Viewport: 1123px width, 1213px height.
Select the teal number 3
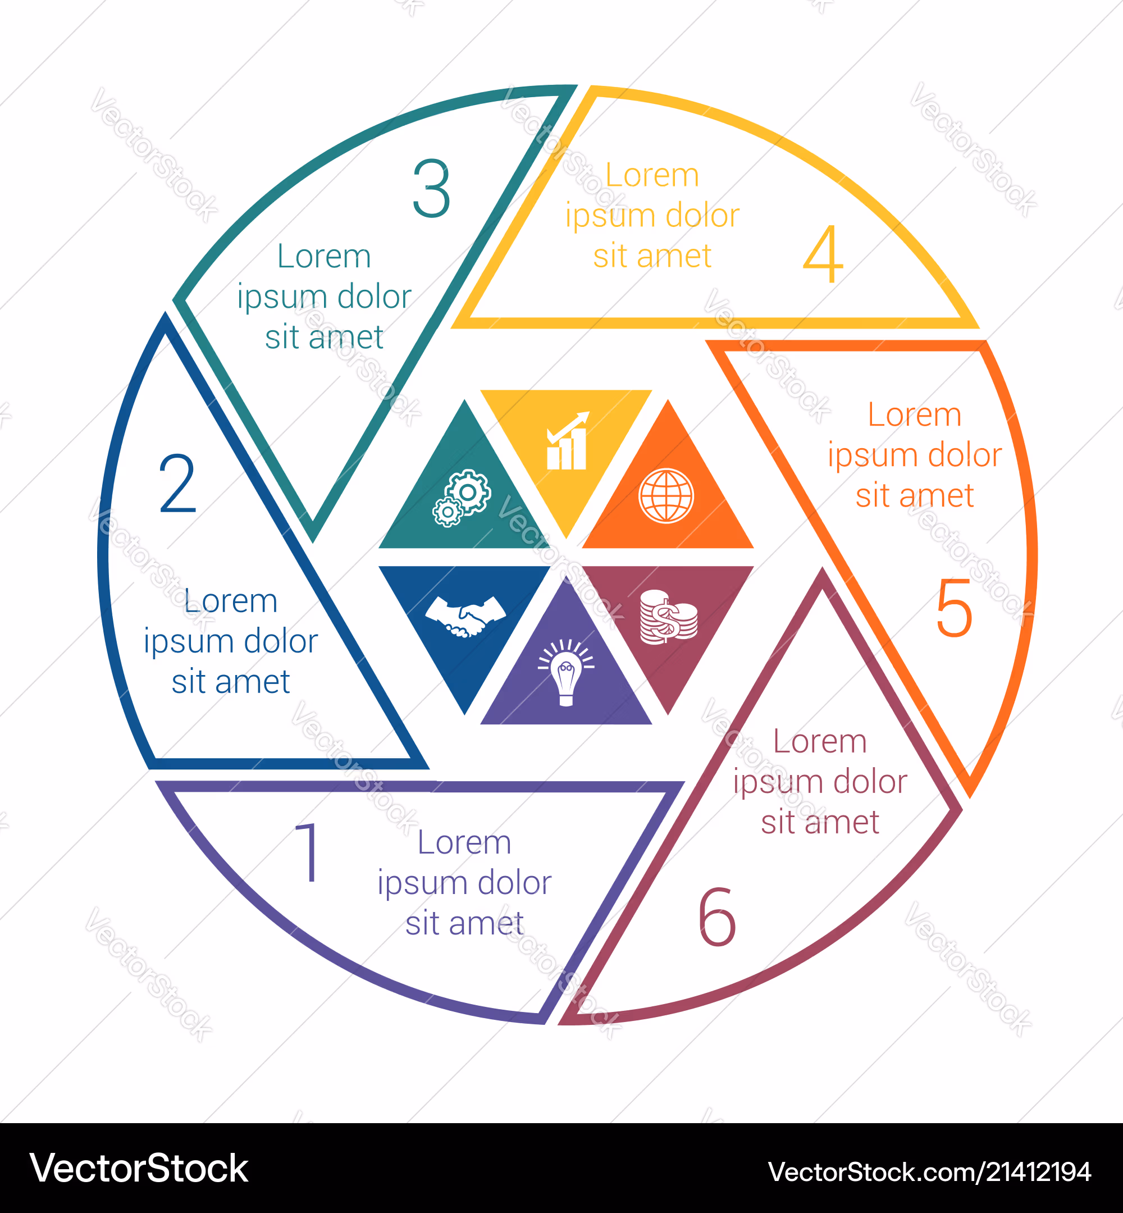click(x=431, y=188)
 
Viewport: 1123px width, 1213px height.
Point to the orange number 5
click(x=955, y=608)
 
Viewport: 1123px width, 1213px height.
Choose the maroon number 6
click(x=717, y=916)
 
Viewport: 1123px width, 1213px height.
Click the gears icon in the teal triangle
click(x=462, y=498)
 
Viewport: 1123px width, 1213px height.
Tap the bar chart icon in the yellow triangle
click(x=567, y=441)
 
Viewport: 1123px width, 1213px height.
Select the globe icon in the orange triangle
click(x=666, y=496)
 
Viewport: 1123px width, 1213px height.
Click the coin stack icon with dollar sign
click(x=668, y=616)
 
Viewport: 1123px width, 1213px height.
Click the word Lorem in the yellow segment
click(x=652, y=176)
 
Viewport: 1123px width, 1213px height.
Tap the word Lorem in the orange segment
click(x=915, y=415)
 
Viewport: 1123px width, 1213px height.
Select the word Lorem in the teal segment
click(x=324, y=257)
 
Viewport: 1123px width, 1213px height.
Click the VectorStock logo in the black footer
click(x=139, y=1168)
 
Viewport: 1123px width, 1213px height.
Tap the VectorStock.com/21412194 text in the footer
click(x=929, y=1171)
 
